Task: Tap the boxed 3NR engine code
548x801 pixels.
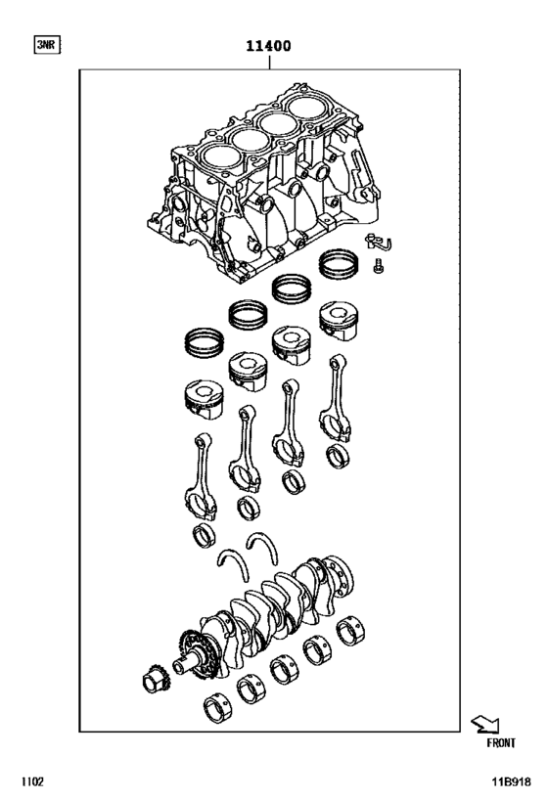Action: [46, 45]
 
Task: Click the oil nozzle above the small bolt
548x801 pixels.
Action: [374, 243]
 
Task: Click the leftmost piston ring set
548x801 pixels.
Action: [205, 342]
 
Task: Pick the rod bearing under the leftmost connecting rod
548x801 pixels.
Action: [205, 534]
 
